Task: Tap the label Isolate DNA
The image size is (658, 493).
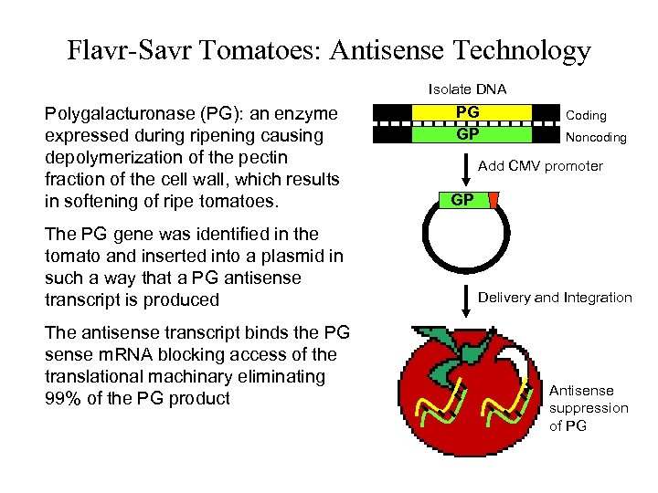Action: [468, 89]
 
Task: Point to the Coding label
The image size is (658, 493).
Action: [586, 116]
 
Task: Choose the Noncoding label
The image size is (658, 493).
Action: [596, 138]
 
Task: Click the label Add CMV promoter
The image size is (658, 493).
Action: [541, 166]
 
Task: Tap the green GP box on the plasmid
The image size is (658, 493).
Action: [462, 200]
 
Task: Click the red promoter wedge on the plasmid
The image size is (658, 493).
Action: [493, 200]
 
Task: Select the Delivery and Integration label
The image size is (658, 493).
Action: [555, 297]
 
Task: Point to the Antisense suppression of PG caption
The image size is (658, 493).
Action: [589, 408]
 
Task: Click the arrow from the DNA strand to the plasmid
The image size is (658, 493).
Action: [468, 167]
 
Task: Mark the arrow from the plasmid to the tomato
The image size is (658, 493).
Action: [468, 297]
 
